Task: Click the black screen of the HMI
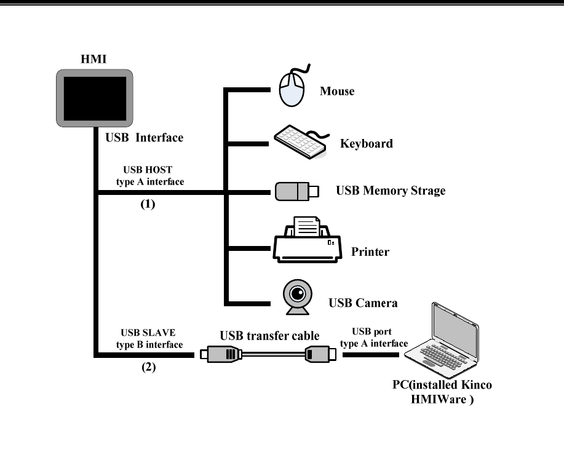click(95, 98)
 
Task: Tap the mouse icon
click(292, 89)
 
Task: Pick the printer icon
click(306, 241)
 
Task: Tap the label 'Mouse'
click(337, 92)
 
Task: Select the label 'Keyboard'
click(367, 144)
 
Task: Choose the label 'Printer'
click(370, 252)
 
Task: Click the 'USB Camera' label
click(363, 303)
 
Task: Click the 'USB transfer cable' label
click(269, 336)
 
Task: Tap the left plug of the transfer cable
click(223, 354)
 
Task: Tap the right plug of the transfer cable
click(319, 354)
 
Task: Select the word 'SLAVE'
click(161, 334)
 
